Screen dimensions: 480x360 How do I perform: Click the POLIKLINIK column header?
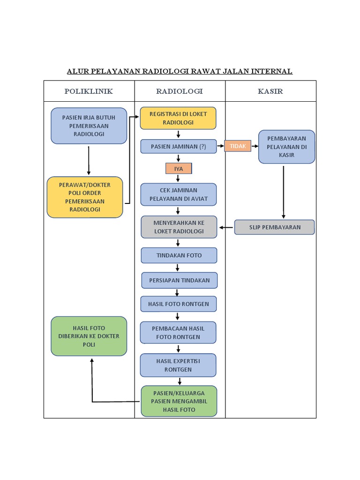pos(89,91)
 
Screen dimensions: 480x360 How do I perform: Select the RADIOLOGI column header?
pos(180,91)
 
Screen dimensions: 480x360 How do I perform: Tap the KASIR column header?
pos(270,91)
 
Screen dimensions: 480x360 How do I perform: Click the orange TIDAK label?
pos(238,146)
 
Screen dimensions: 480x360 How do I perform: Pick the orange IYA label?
pos(179,169)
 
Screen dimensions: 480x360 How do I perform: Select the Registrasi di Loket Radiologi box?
pos(178,118)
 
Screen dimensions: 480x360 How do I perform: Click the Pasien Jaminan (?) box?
pos(179,146)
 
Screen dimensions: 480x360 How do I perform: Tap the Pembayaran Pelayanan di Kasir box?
pos(286,147)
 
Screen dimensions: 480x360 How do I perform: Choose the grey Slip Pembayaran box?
pos(274,227)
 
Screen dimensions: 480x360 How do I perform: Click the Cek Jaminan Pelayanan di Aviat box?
pos(179,195)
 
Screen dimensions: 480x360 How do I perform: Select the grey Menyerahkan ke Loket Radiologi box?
pos(179,227)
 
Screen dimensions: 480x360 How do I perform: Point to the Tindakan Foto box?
pos(179,255)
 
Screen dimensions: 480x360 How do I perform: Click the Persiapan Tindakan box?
pos(180,280)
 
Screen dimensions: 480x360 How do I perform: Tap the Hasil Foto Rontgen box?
pos(179,304)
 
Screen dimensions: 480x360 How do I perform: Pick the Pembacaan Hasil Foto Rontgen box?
pos(178,332)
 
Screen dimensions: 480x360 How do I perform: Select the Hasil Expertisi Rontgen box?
pos(178,365)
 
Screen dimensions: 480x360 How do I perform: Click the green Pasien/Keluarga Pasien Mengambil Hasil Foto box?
pos(179,401)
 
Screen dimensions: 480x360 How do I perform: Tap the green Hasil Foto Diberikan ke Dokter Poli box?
pos(89,336)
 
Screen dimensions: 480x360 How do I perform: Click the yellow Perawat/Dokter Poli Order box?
pos(85,197)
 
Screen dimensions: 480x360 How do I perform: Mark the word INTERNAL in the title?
pos(271,71)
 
